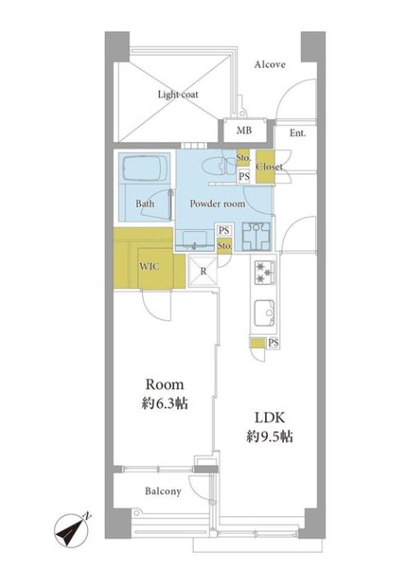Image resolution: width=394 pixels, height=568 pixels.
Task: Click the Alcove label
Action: [269, 65]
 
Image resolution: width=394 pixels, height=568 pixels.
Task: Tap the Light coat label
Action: [178, 94]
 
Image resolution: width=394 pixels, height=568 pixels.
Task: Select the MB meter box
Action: [244, 130]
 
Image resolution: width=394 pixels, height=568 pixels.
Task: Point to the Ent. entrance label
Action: [298, 133]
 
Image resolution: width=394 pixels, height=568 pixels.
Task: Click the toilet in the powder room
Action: [218, 167]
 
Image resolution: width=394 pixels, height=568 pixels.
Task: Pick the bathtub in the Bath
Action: [144, 167]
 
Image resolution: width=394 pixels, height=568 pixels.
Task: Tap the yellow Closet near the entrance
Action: [265, 167]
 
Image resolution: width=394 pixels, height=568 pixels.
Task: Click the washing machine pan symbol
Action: [256, 236]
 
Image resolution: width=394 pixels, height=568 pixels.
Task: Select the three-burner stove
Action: [264, 272]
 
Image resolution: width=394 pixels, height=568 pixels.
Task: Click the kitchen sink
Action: [264, 313]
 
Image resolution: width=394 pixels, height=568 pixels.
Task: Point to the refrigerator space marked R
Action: [204, 271]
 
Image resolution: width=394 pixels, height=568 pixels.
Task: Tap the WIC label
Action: [149, 267]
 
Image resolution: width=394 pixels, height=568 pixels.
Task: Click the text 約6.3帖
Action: [165, 403]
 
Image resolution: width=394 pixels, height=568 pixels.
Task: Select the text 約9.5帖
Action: [270, 437]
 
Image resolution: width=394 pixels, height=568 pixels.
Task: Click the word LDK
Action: [270, 418]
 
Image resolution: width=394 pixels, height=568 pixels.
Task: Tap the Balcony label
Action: [163, 492]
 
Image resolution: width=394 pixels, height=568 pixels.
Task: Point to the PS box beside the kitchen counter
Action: [274, 342]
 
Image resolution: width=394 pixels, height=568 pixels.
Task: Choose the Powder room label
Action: [218, 204]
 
